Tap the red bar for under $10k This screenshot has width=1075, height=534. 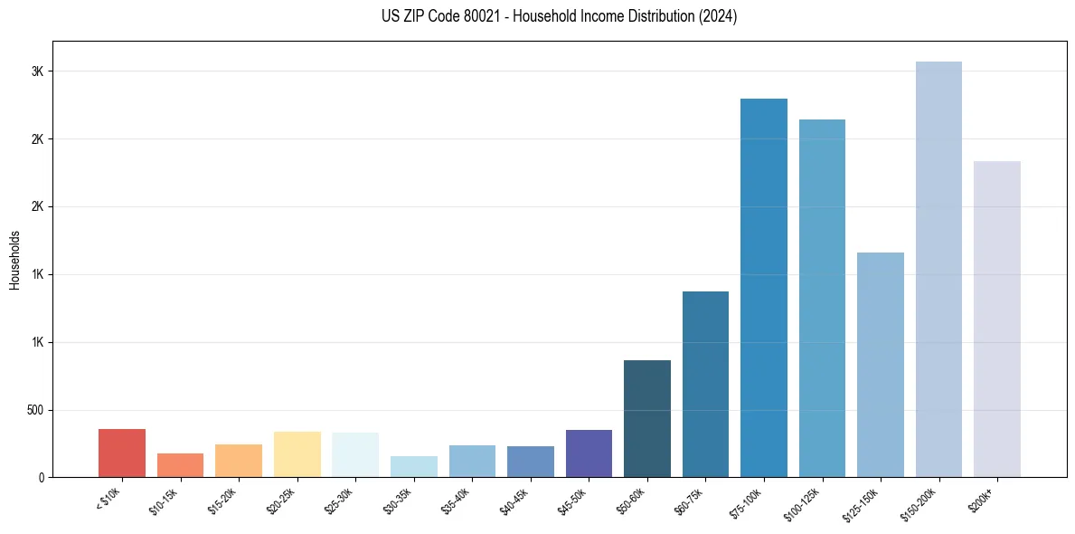tap(122, 453)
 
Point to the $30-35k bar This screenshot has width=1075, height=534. tap(413, 466)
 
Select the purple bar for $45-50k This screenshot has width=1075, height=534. tap(589, 453)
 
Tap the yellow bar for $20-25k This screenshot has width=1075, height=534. tap(297, 453)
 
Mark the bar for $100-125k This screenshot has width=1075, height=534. tap(822, 298)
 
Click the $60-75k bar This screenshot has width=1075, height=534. tap(705, 384)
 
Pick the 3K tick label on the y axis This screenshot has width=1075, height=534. tap(39, 72)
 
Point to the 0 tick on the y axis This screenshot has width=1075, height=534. tap(42, 477)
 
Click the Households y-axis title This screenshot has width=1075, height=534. tap(15, 260)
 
